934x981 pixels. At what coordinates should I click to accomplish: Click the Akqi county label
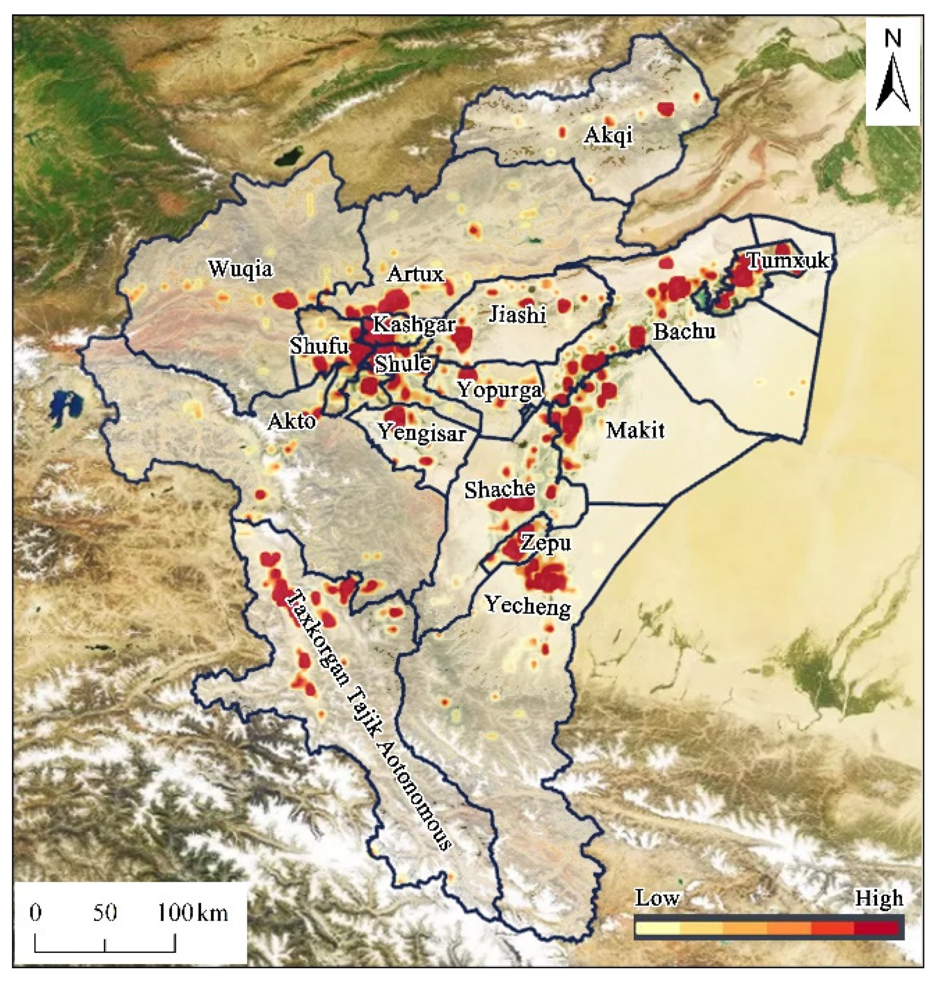608,135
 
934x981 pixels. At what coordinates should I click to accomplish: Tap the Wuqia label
241,269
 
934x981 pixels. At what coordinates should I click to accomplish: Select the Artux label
416,273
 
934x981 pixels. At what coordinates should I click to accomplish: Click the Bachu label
684,331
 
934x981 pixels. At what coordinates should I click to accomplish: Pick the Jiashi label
518,314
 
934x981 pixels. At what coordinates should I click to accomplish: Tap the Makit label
635,430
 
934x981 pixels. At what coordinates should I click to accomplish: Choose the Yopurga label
499,391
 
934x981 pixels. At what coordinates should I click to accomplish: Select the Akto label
292,422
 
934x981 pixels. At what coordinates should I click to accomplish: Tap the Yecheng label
528,606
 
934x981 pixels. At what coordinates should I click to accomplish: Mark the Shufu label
319,346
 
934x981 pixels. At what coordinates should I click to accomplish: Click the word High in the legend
878,898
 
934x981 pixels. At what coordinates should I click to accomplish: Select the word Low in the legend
657,898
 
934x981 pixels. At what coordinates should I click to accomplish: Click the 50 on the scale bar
105,913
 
